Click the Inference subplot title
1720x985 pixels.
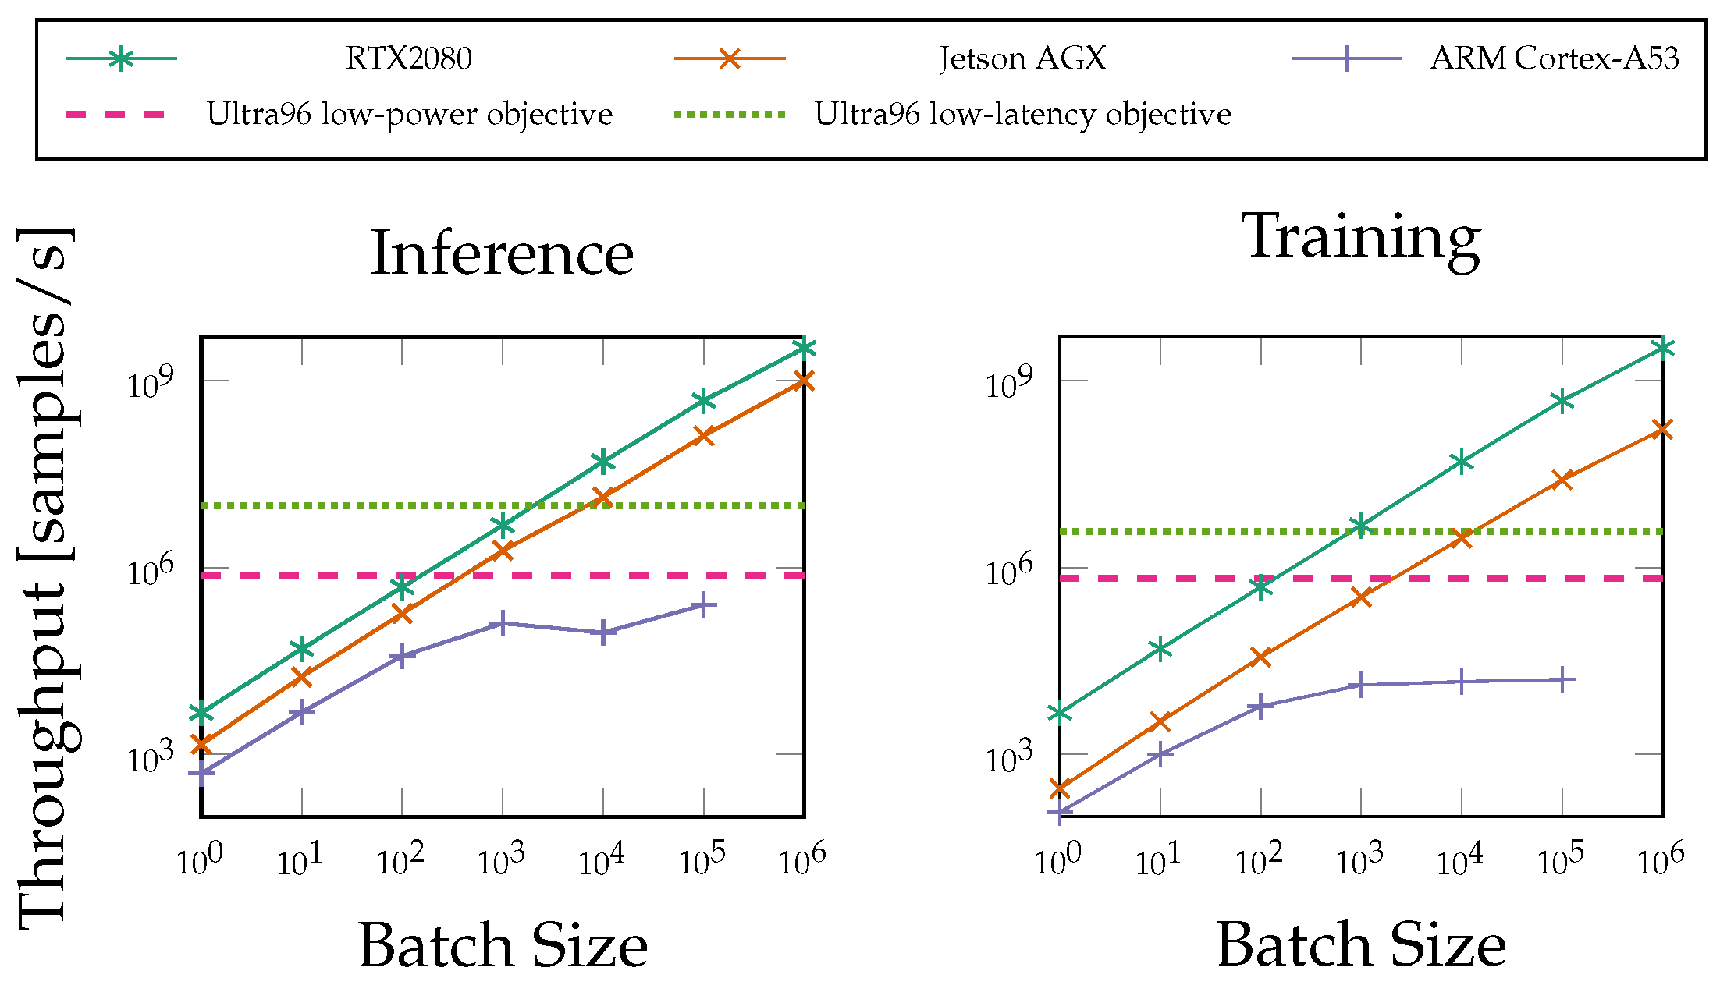tap(502, 253)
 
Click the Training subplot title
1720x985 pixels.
tap(1361, 237)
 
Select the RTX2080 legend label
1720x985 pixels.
tap(408, 58)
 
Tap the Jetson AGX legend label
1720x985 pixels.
tap(1022, 58)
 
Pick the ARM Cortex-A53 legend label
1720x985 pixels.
tap(1554, 58)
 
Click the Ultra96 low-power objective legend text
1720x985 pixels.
tap(409, 115)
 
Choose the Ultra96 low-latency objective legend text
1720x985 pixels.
tap(1022, 115)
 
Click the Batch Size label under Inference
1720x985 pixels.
tap(503, 945)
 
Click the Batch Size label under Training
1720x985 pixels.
tap(1361, 945)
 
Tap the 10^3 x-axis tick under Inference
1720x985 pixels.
tap(500, 861)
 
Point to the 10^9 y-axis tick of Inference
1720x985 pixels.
tap(150, 384)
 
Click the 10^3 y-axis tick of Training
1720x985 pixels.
tap(1008, 757)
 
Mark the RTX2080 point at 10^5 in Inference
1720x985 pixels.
tap(704, 401)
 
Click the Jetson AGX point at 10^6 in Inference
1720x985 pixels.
tap(804, 381)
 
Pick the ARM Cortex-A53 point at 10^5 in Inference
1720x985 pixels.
tap(704, 605)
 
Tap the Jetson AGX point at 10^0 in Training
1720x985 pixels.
tap(1060, 788)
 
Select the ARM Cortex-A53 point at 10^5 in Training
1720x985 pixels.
tap(1562, 680)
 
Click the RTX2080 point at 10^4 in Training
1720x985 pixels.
tap(1462, 462)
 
